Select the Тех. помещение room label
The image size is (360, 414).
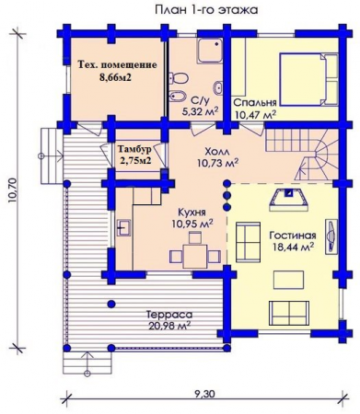pos(116,66)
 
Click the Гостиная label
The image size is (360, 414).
pos(293,235)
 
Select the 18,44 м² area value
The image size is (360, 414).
pos(294,247)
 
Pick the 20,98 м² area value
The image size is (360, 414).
pos(168,326)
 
